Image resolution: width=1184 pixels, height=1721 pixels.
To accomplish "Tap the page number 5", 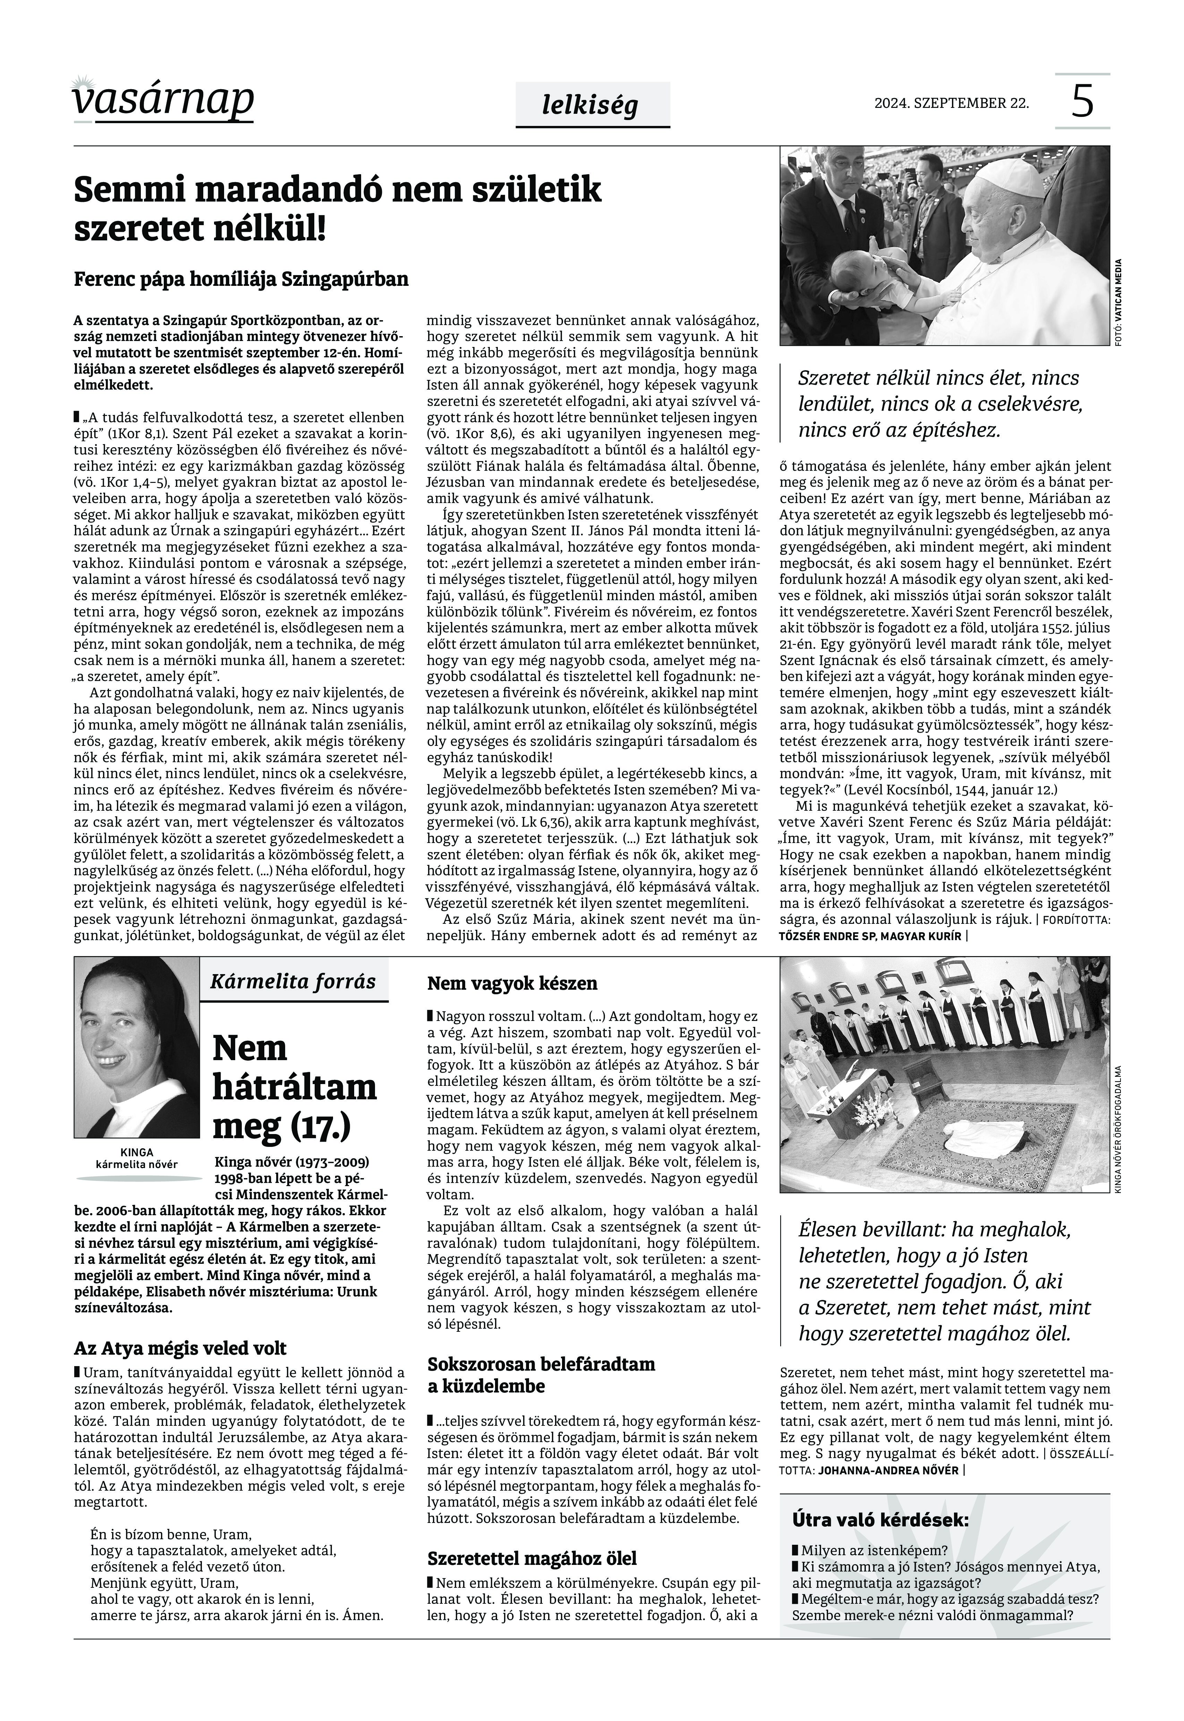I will pos(1082,102).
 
